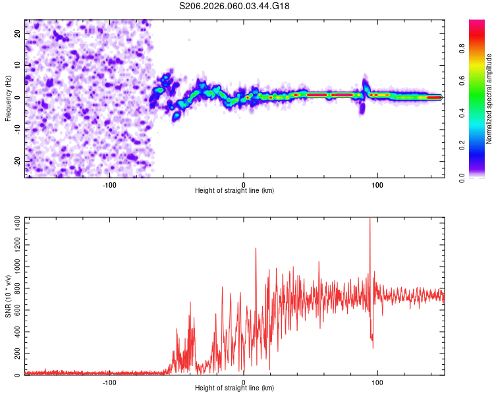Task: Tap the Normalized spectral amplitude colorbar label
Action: [x=489, y=99]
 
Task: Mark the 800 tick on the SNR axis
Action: [x=16, y=289]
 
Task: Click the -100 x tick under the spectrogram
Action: [x=109, y=184]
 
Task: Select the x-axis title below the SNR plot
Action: [x=234, y=388]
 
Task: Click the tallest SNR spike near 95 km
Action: [x=370, y=221]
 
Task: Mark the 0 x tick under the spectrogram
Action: [x=244, y=184]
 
